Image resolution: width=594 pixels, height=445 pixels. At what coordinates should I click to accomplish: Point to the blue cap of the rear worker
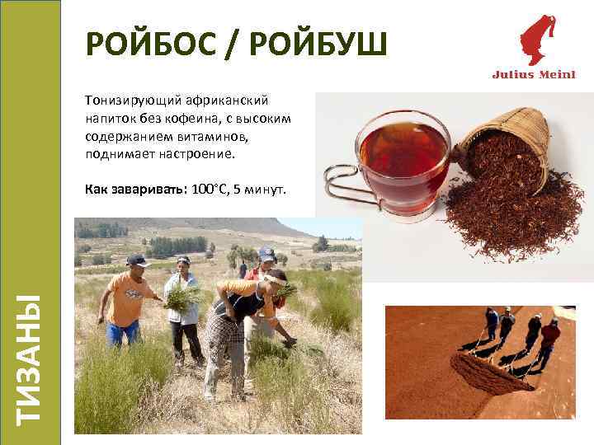pos(266,251)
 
